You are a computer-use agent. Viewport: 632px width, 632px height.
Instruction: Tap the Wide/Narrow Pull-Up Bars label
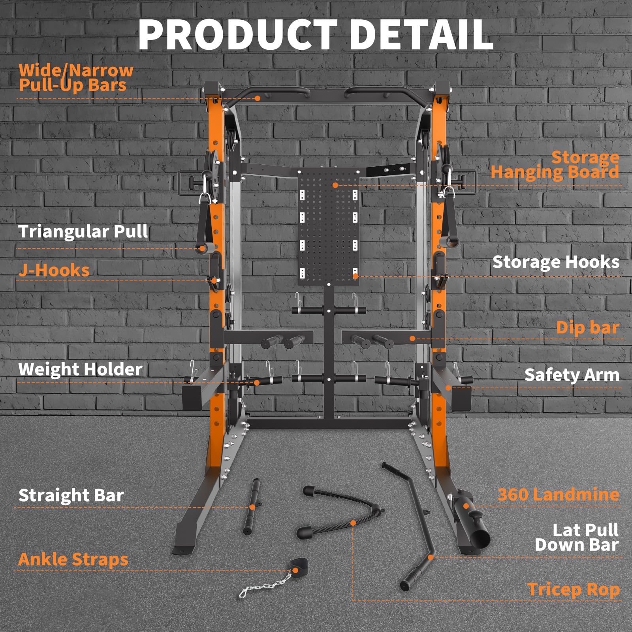(76, 77)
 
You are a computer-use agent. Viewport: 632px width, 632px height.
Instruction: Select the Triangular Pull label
(83, 231)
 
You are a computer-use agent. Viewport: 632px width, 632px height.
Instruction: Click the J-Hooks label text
(54, 271)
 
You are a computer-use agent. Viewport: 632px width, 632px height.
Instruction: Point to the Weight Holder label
(80, 369)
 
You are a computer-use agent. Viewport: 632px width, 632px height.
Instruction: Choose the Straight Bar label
(71, 495)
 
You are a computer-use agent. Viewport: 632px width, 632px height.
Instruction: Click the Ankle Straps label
(73, 559)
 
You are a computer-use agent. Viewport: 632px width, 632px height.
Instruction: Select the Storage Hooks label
(556, 262)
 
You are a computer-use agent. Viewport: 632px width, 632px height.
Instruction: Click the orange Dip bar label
(587, 327)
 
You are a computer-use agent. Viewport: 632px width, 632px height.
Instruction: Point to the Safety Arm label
(572, 375)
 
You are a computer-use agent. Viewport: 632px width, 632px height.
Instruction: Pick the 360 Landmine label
(558, 495)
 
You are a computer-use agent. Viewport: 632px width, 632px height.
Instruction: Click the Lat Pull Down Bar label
(577, 537)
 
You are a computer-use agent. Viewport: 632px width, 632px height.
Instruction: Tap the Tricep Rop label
(573, 590)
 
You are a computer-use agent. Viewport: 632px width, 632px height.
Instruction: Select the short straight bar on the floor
(252, 507)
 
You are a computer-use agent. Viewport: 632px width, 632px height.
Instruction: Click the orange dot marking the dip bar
(412, 339)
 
